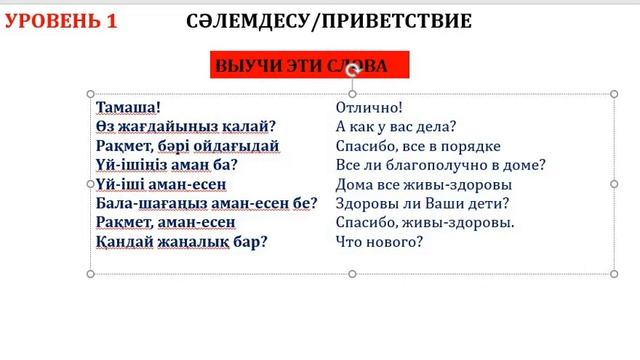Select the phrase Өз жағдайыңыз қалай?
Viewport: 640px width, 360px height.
tap(186, 126)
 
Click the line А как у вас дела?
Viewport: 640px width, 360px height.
tap(396, 126)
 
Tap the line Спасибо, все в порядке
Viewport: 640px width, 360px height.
tap(418, 146)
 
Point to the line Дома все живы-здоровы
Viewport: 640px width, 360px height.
tap(424, 184)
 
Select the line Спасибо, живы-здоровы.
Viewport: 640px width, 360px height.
tap(425, 222)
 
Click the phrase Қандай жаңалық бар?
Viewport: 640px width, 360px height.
tap(182, 242)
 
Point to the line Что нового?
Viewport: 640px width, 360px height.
tap(380, 242)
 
